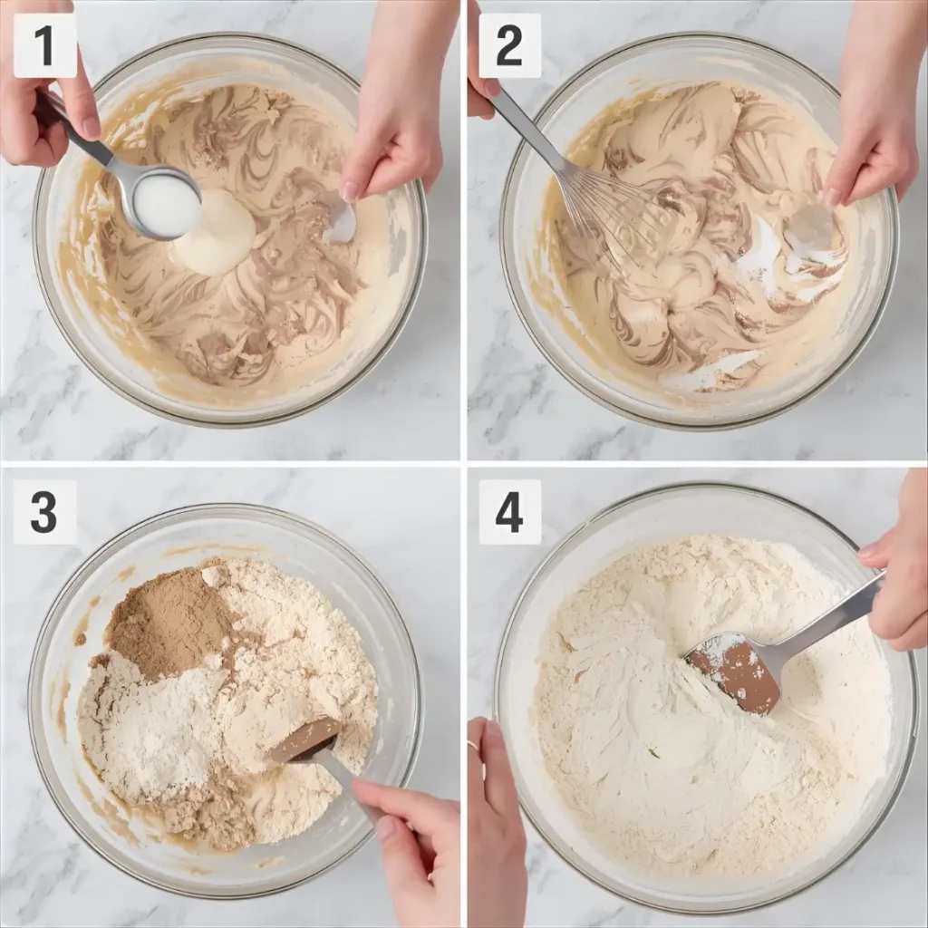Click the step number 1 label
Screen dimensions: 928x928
coord(45,45)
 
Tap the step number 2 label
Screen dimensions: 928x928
coord(509,45)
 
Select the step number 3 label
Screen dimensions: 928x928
coord(45,512)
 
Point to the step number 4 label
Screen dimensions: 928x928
coord(509,512)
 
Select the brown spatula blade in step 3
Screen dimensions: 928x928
coord(304,739)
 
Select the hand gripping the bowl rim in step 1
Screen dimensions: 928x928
coord(397,107)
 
